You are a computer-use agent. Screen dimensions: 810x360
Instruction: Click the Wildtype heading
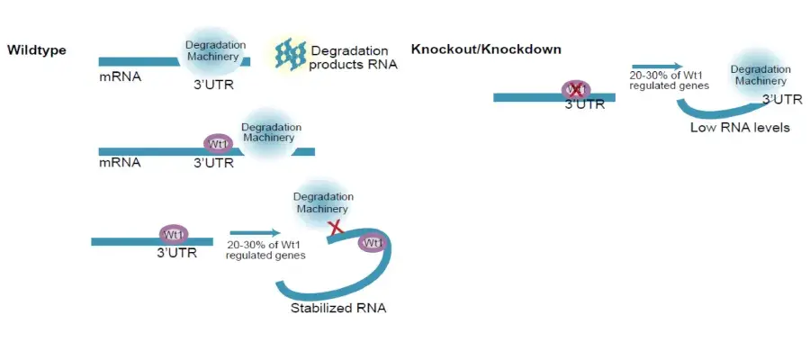coord(37,50)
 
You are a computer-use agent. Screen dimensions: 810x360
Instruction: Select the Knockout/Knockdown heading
coord(486,49)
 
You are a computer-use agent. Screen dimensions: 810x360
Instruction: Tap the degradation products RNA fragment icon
coord(291,54)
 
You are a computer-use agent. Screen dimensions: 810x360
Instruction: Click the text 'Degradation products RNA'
coord(354,58)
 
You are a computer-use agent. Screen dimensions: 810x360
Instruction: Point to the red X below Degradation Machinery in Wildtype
coord(337,227)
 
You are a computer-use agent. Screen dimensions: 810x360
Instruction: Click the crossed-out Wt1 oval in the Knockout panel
coord(576,90)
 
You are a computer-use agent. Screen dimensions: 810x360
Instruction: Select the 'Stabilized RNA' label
coord(338,309)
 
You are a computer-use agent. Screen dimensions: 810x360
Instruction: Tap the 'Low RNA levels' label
coord(741,128)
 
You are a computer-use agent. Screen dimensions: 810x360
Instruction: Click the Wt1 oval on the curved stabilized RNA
coord(373,243)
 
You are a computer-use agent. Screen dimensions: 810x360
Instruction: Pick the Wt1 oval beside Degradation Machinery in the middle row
coord(219,144)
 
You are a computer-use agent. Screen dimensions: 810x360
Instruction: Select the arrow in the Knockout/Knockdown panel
coord(657,66)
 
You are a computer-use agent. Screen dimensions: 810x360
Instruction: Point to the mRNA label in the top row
coord(120,78)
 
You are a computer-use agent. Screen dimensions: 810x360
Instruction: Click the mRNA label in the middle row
coord(120,163)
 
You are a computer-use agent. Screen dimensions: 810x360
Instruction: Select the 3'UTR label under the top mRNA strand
coord(213,85)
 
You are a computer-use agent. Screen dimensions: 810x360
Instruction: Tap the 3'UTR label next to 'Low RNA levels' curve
coord(782,100)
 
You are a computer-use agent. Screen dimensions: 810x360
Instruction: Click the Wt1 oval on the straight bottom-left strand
coord(174,235)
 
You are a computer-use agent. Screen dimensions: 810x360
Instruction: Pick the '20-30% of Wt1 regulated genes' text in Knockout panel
coord(669,81)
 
